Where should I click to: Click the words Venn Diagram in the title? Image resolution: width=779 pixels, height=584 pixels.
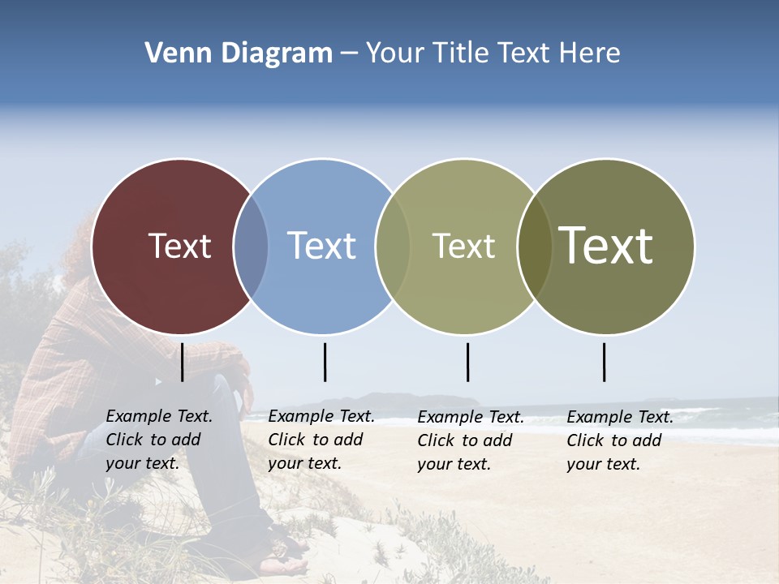coord(239,54)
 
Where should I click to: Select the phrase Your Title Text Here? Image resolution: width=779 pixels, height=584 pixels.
coord(493,54)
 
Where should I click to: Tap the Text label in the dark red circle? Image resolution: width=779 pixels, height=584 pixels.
coord(179,246)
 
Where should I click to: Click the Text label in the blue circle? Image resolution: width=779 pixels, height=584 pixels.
coord(321,246)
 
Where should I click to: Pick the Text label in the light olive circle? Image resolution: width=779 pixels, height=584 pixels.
coord(463,246)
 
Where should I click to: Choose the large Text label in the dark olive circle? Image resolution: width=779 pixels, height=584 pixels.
coord(606,245)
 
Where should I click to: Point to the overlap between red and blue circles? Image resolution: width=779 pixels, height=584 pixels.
coord(251,246)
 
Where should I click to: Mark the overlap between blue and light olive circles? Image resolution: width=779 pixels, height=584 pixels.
coord(393,246)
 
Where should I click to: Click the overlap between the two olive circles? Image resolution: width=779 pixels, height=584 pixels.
coord(534,246)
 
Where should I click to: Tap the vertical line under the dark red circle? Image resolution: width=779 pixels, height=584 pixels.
coord(182,362)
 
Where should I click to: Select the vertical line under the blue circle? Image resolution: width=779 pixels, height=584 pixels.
coord(325,362)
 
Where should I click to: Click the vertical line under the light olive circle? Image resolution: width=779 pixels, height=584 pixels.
coord(467,362)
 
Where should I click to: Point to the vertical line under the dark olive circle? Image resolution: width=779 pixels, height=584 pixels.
coord(604,362)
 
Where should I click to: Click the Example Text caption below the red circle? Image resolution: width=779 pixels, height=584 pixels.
coord(158,440)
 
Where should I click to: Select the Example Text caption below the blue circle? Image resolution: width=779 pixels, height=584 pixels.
coord(321,440)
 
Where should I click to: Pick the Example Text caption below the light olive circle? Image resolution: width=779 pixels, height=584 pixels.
coord(470,440)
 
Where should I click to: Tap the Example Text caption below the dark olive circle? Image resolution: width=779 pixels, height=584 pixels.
coord(619,440)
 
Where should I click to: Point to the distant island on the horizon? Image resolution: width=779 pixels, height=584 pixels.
coord(381,400)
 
